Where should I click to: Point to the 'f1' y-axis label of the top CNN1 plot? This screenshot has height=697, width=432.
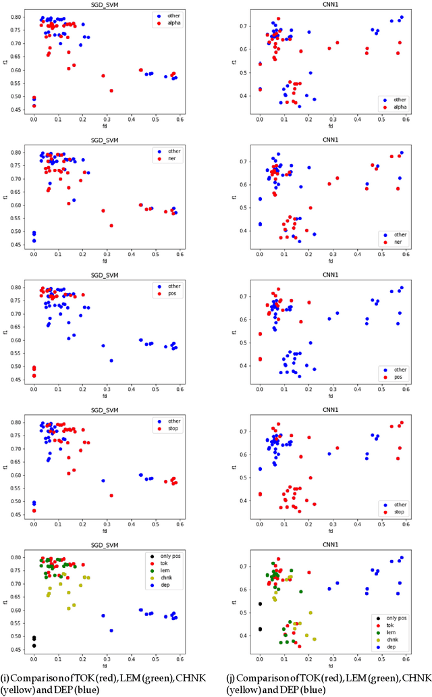pyautogui.click(x=233, y=59)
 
